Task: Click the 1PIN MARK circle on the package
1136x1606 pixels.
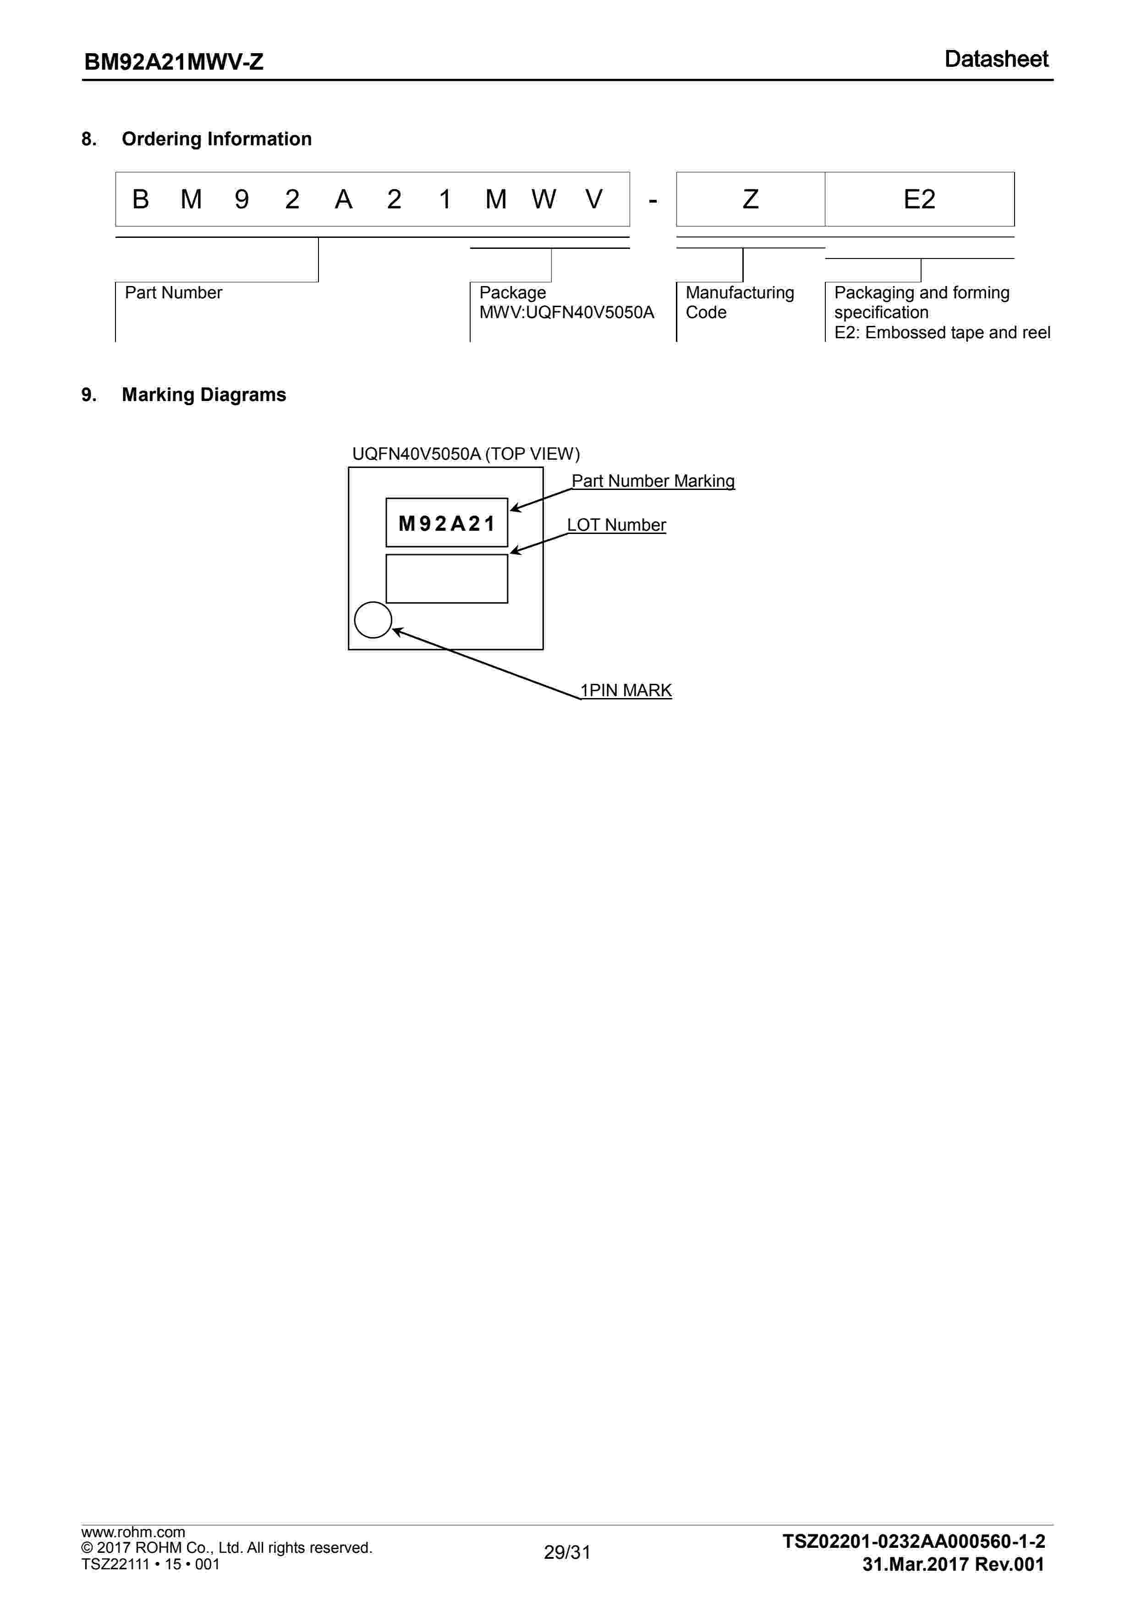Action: tap(373, 620)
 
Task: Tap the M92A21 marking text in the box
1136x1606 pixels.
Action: tap(446, 523)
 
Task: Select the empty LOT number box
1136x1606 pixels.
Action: tap(446, 578)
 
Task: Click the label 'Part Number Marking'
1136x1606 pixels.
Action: tap(653, 481)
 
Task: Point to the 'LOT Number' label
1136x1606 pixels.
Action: tap(616, 525)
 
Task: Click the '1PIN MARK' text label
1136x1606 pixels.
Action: tap(626, 690)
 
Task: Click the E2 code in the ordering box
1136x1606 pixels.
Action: tap(919, 200)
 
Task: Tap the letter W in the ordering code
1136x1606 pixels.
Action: tap(543, 200)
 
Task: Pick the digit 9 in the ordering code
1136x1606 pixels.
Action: tap(241, 200)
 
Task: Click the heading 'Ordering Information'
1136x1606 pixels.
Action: tap(216, 139)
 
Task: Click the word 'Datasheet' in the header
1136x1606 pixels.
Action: tap(996, 60)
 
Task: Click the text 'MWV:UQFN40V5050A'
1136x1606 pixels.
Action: tap(566, 313)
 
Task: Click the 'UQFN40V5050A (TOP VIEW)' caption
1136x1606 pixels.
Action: tap(466, 454)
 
